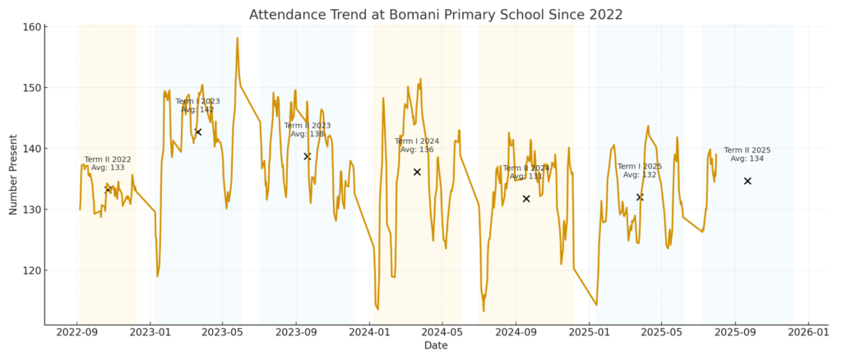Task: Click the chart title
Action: click(435, 14)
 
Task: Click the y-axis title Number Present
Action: click(13, 176)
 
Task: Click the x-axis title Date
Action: click(436, 346)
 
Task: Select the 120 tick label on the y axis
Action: click(31, 270)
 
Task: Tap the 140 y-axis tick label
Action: click(31, 149)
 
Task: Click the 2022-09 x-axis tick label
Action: click(76, 333)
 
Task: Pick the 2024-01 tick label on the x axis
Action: click(369, 333)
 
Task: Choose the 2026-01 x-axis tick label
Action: click(807, 333)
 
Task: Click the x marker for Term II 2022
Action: click(108, 190)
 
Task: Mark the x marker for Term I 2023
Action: click(198, 132)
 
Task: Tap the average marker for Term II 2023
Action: click(308, 156)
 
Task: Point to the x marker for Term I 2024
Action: click(417, 172)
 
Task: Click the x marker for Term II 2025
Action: click(747, 181)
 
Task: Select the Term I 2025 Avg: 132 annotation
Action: click(639, 170)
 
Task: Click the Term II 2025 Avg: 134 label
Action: click(747, 155)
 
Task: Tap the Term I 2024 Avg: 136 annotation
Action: click(417, 145)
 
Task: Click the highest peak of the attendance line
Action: click(238, 38)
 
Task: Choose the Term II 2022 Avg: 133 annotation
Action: click(108, 164)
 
